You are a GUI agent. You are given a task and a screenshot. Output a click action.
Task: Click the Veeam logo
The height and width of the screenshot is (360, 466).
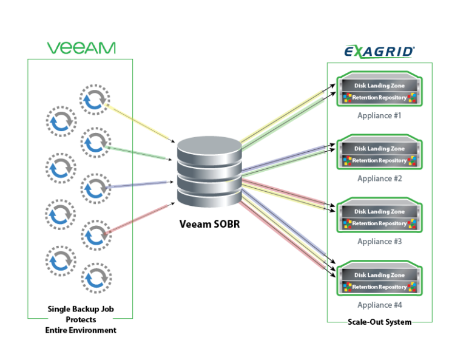click(x=81, y=48)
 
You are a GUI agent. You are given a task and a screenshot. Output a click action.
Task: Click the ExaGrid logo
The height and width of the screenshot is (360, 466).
click(x=379, y=52)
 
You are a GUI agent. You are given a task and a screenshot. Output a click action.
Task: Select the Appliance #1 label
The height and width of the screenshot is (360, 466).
click(x=379, y=115)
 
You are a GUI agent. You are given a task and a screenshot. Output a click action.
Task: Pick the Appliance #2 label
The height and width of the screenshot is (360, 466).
click(x=379, y=178)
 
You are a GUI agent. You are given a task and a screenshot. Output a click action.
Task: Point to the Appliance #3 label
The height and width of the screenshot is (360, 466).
click(x=379, y=242)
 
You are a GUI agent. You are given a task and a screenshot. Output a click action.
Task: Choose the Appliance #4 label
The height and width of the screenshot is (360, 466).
click(x=379, y=305)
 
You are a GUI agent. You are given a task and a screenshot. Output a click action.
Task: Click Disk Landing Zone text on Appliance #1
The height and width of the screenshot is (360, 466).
click(x=379, y=86)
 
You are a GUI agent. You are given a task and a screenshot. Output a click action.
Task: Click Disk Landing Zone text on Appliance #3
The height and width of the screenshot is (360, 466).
click(x=379, y=212)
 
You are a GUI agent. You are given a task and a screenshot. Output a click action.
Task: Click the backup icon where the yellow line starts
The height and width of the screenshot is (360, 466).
click(x=94, y=100)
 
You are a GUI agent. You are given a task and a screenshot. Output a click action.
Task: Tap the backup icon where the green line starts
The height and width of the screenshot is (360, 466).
click(x=95, y=143)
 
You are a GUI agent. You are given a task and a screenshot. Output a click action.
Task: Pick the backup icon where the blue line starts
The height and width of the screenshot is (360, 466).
click(x=95, y=188)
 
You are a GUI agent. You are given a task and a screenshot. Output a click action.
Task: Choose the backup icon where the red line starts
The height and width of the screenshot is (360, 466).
click(x=95, y=235)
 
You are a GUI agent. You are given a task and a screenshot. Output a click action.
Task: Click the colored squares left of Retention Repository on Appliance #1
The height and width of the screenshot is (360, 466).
click(x=348, y=98)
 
